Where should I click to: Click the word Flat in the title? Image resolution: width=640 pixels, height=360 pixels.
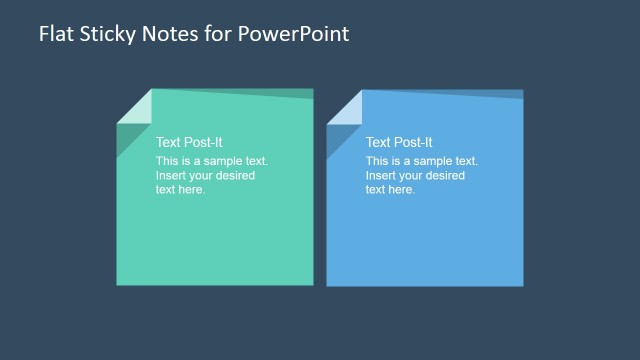click(x=55, y=33)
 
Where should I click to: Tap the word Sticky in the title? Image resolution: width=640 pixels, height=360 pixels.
click(x=105, y=34)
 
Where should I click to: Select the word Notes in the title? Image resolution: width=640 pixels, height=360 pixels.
click(x=166, y=33)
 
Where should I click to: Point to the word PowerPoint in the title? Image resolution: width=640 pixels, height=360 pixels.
click(x=295, y=33)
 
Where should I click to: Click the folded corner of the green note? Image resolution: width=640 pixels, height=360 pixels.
click(x=133, y=106)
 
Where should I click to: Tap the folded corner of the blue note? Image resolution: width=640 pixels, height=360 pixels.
click(x=343, y=106)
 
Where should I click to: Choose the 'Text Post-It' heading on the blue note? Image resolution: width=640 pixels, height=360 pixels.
click(x=399, y=142)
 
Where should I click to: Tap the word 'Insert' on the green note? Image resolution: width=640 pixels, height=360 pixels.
click(x=171, y=175)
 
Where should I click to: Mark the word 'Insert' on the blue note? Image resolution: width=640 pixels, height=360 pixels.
click(x=381, y=175)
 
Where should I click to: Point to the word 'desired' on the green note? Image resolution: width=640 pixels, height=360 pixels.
click(x=235, y=175)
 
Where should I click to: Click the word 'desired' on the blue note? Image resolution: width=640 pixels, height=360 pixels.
click(x=445, y=175)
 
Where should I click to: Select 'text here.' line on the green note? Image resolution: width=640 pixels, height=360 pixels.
click(x=181, y=189)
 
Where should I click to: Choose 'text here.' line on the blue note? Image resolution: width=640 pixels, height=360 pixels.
click(x=390, y=189)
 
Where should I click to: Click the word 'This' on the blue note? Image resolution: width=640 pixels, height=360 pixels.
click(x=377, y=161)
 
